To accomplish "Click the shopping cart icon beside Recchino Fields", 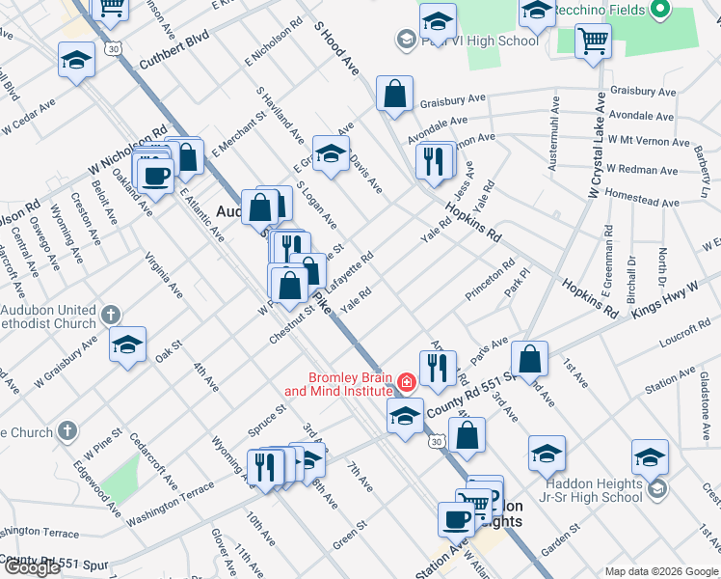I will coord(593,41).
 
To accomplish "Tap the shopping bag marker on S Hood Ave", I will coord(394,94).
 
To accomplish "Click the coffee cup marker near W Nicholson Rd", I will coord(155,176).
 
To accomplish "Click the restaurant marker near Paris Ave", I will coord(438,368).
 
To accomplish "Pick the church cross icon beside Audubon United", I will coord(111,315).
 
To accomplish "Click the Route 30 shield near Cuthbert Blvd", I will coord(114,48).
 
